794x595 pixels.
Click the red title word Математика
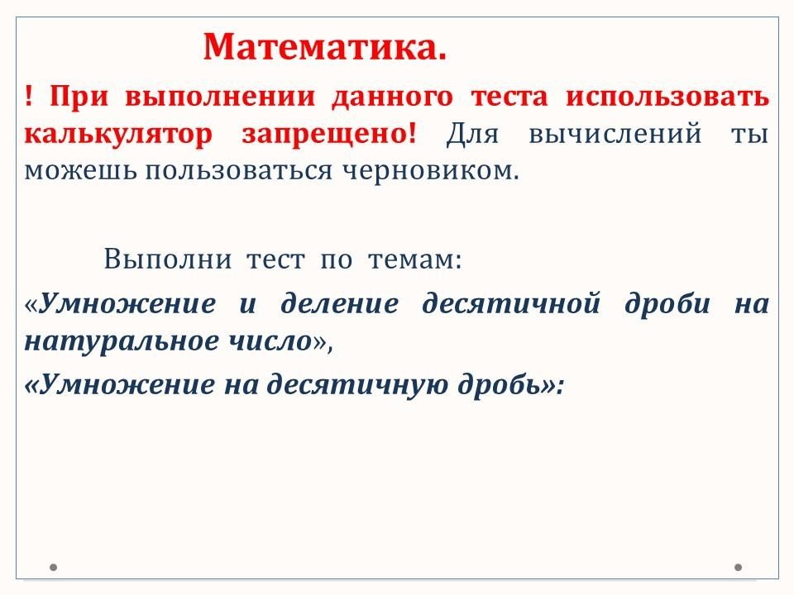pos(324,47)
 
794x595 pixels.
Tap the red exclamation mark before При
pos(28,96)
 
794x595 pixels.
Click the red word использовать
pos(667,96)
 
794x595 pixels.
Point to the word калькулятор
pos(118,135)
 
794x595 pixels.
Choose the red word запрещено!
pos(329,134)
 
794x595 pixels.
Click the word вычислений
pos(615,135)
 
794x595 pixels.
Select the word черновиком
pos(432,170)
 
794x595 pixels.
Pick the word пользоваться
pos(239,171)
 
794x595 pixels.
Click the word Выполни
pos(168,259)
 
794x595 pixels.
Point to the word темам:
pos(415,260)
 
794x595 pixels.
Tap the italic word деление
pos(340,303)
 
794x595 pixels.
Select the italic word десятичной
pos(511,303)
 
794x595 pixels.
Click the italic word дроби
pos(667,302)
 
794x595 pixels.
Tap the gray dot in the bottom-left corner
pos(53,567)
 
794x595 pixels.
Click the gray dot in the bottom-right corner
pos(739,567)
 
